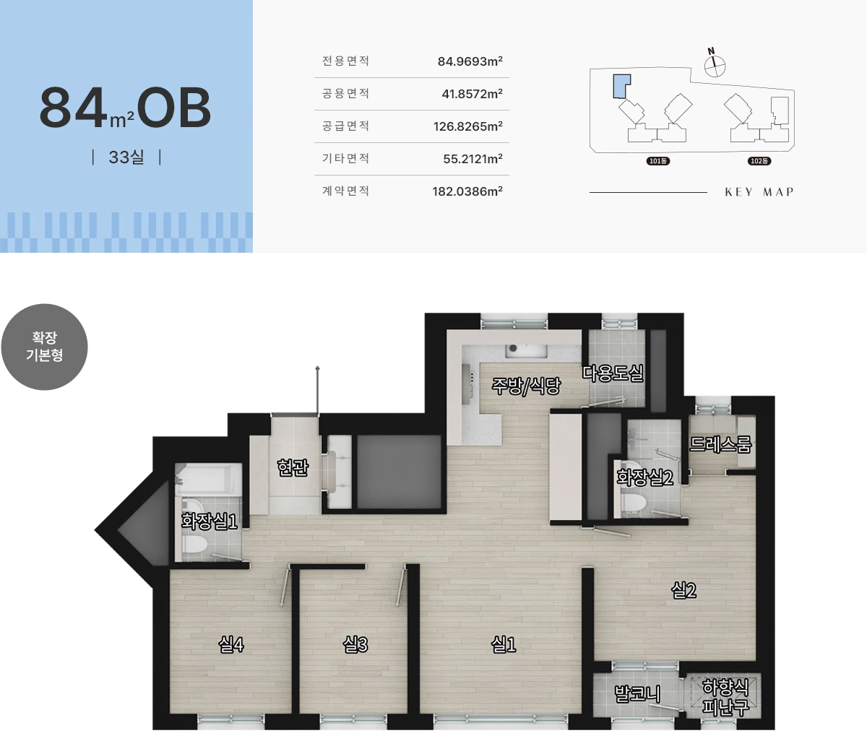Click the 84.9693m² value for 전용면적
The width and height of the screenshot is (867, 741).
click(470, 61)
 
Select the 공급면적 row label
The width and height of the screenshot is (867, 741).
click(345, 126)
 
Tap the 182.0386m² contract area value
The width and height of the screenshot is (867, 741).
click(467, 191)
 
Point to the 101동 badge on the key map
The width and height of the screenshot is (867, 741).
click(657, 161)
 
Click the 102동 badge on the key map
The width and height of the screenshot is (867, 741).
click(759, 161)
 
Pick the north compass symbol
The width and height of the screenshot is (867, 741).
click(715, 64)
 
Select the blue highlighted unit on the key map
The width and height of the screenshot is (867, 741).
click(621, 87)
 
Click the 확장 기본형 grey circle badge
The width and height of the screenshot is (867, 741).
click(45, 347)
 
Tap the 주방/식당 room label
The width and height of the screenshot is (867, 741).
click(526, 386)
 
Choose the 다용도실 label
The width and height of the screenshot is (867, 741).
click(613, 373)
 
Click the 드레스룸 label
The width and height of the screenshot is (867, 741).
click(720, 444)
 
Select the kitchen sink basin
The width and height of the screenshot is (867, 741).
click(527, 351)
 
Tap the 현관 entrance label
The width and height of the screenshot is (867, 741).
click(293, 467)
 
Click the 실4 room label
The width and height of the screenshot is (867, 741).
click(230, 644)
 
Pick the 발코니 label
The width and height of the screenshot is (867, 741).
click(637, 693)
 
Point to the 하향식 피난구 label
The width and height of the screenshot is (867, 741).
click(725, 697)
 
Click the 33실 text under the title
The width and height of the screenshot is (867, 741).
click(126, 157)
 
